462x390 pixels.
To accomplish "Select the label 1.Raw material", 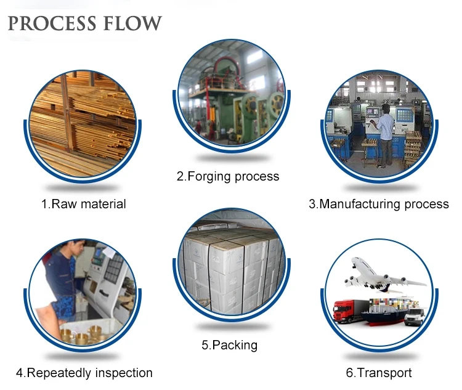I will (84, 204).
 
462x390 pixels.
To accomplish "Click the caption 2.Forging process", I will (228, 177).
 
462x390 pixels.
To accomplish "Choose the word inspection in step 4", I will (121, 373).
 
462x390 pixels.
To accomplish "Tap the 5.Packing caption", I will (229, 345).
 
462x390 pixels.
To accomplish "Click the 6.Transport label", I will (379, 373).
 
